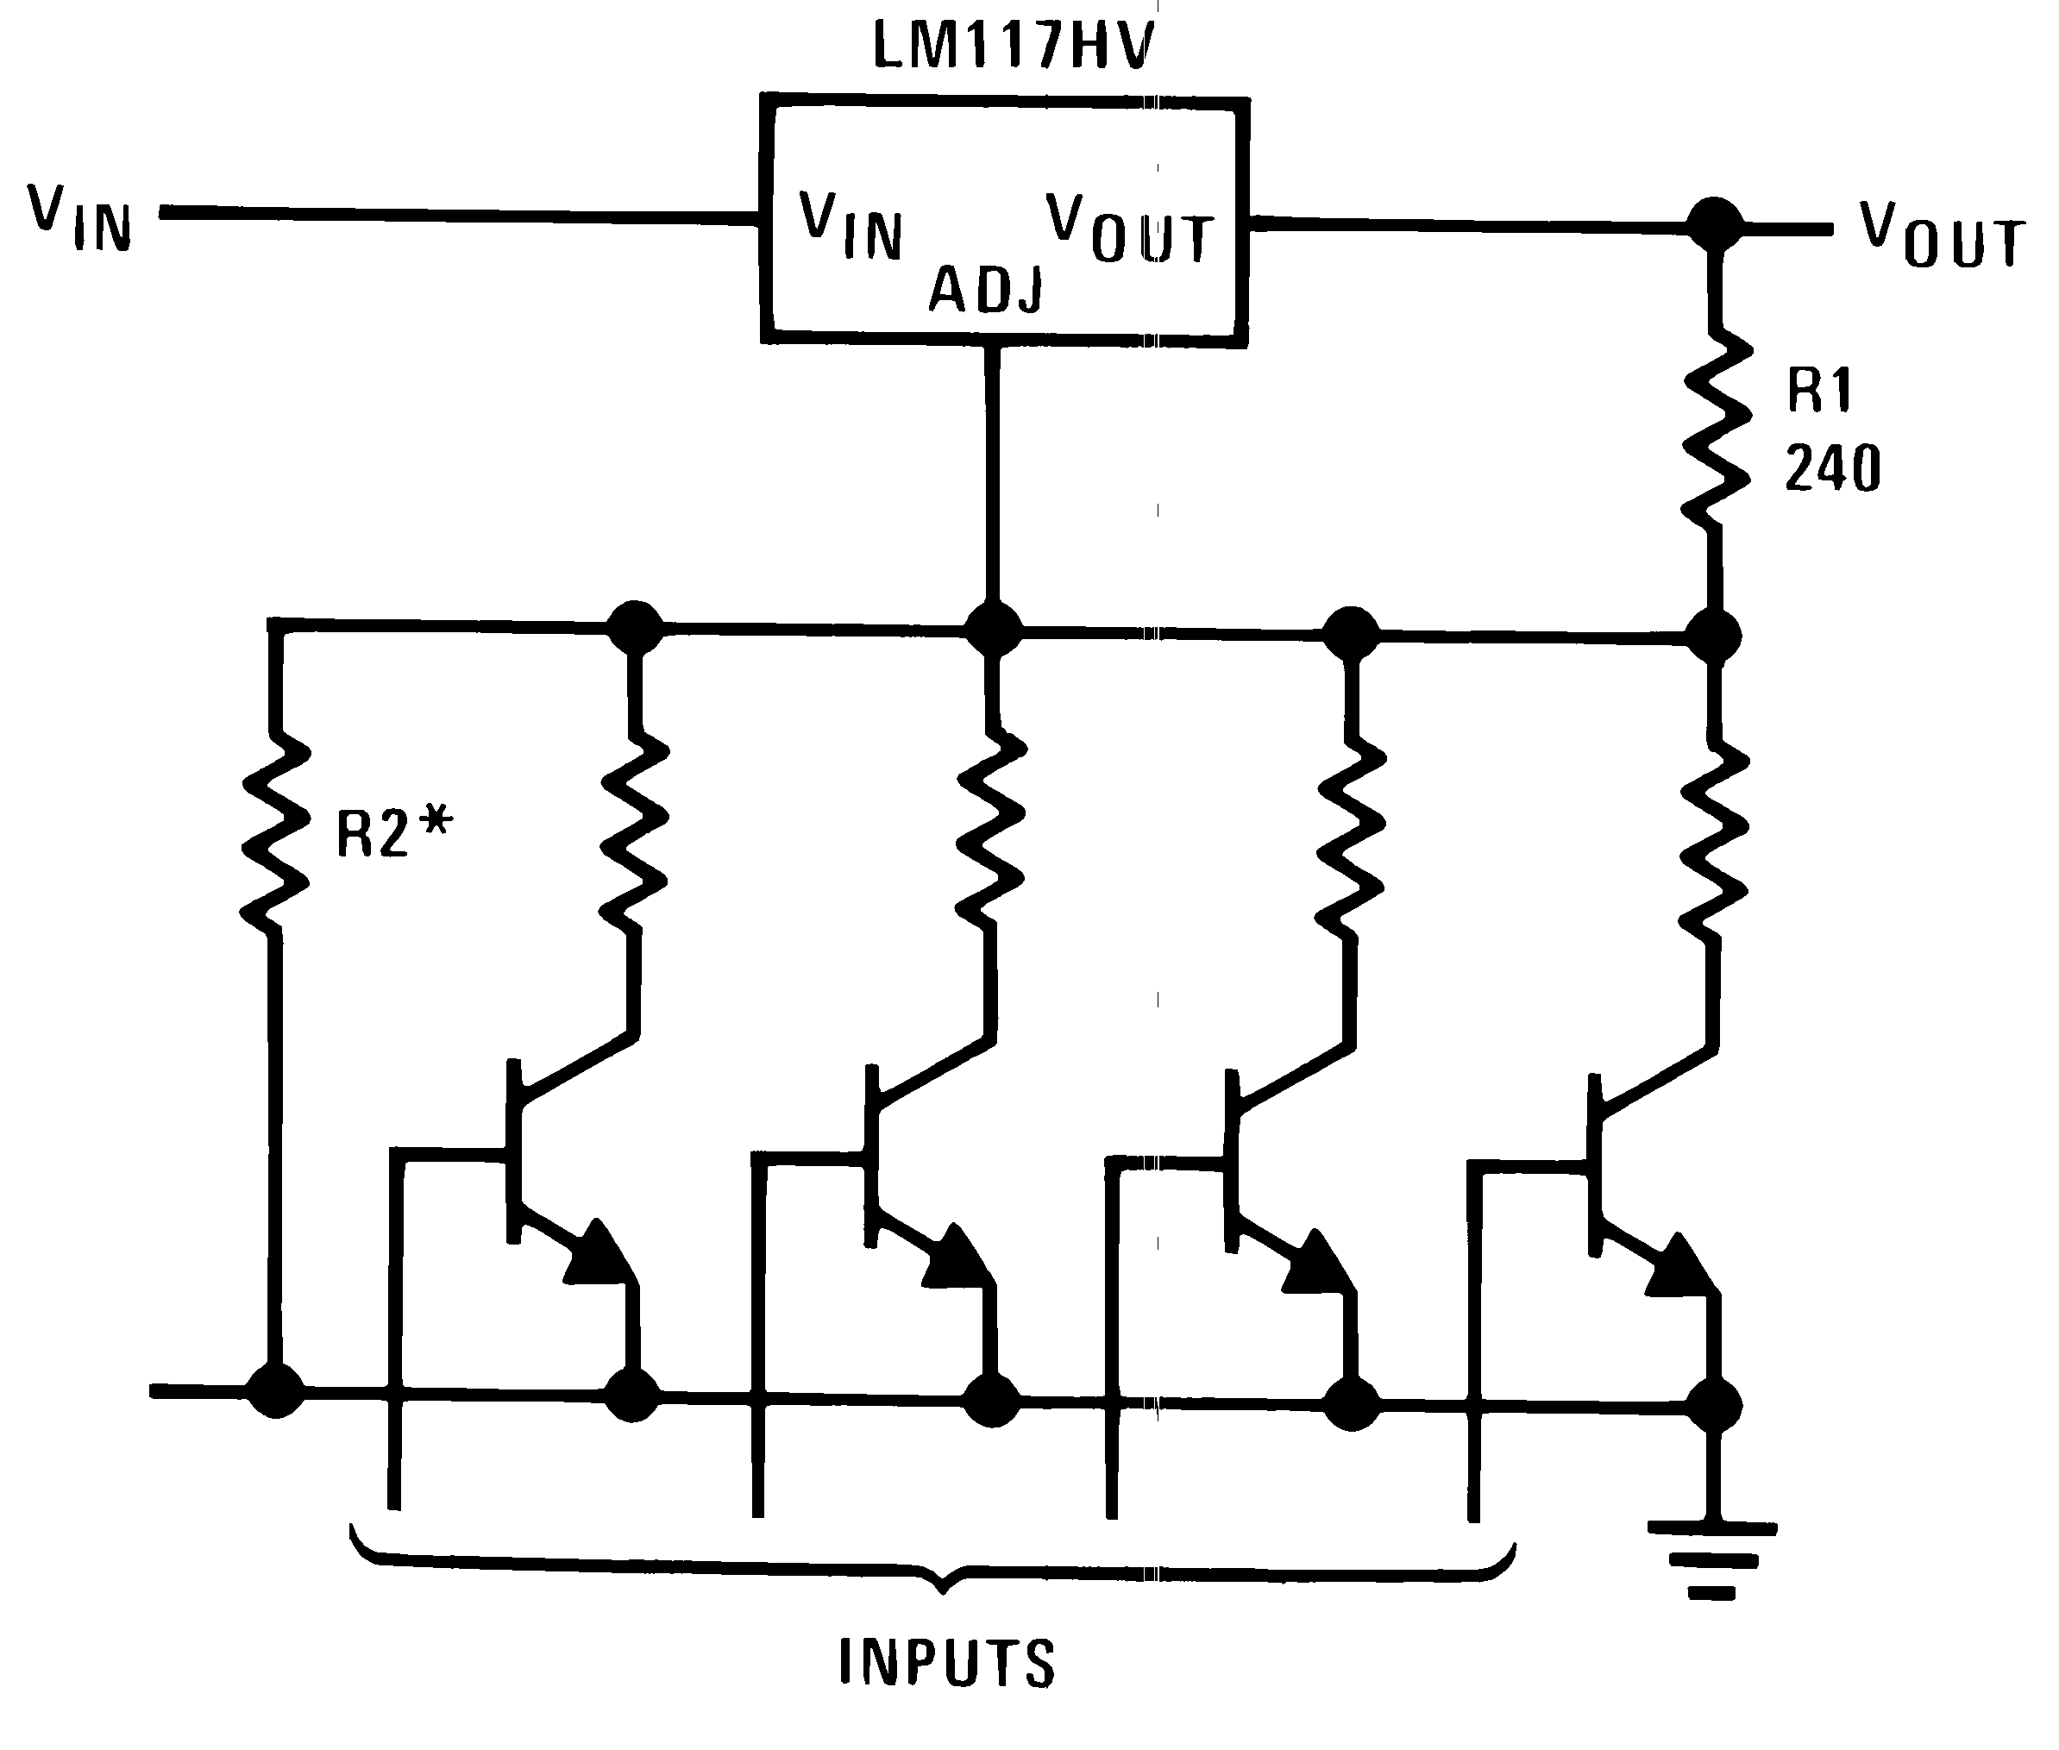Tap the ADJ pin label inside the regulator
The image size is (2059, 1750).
pos(985,291)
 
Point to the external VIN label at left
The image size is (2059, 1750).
pos(79,218)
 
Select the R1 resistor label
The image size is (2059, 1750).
pos(1819,389)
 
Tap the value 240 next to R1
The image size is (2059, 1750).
pos(1832,468)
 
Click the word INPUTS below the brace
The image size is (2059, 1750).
pos(946,1663)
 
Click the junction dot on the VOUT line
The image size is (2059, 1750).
pos(1715,225)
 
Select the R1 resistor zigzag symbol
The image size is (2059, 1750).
pos(1715,429)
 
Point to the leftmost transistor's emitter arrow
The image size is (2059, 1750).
pos(599,1253)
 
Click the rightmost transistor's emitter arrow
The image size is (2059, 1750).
pos(1681,1266)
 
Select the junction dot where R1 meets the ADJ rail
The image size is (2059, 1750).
pos(1713,635)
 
